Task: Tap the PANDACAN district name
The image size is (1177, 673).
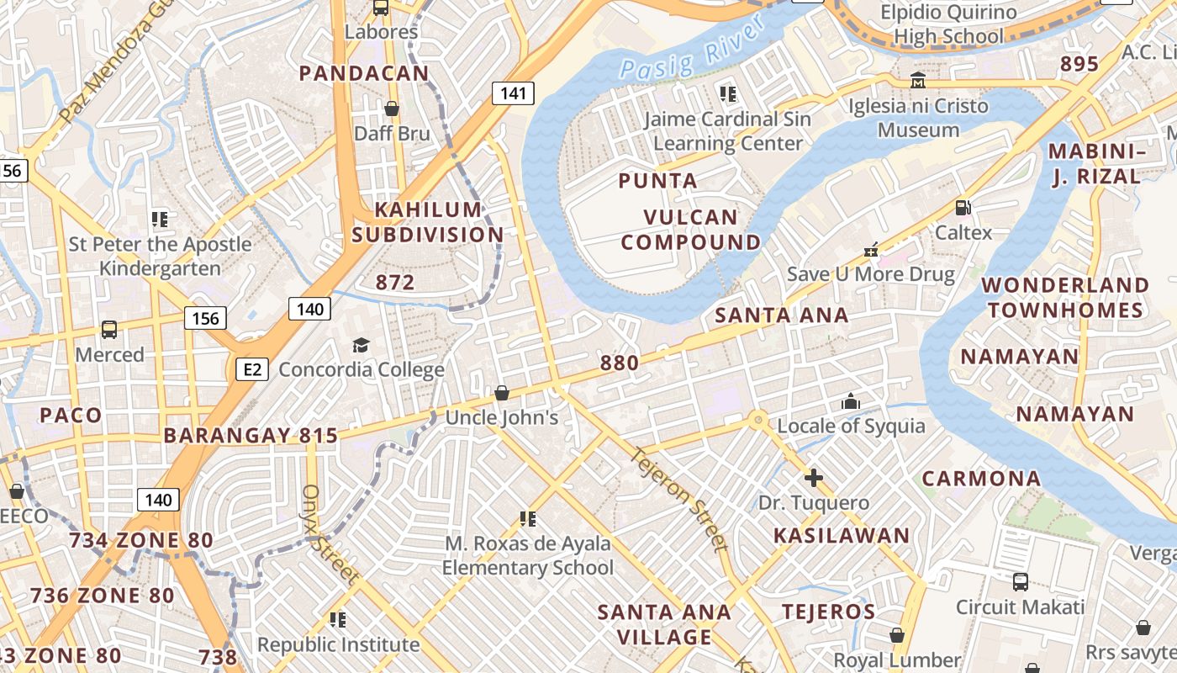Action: (364, 73)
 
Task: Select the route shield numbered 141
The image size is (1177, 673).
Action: (513, 93)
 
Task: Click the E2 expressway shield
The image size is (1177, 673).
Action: (251, 368)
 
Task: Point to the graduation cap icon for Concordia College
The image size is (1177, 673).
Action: (361, 345)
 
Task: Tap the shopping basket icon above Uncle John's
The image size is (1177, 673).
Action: (502, 393)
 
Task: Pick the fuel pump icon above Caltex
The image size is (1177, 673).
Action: (963, 207)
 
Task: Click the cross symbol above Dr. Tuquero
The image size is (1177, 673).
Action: (813, 478)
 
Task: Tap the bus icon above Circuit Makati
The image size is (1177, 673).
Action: (1020, 581)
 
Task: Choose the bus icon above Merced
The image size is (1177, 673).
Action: (109, 329)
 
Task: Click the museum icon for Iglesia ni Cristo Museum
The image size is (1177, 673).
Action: (918, 81)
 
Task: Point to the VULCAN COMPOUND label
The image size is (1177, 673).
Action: (690, 230)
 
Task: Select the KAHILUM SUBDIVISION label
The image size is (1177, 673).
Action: (428, 222)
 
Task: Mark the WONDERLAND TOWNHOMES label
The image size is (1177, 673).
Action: (1066, 298)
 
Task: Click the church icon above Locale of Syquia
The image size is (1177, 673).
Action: (851, 401)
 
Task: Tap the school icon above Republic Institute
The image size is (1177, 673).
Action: (338, 620)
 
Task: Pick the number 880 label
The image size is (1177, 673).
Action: (620, 363)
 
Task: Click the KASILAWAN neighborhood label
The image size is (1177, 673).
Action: (842, 536)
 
